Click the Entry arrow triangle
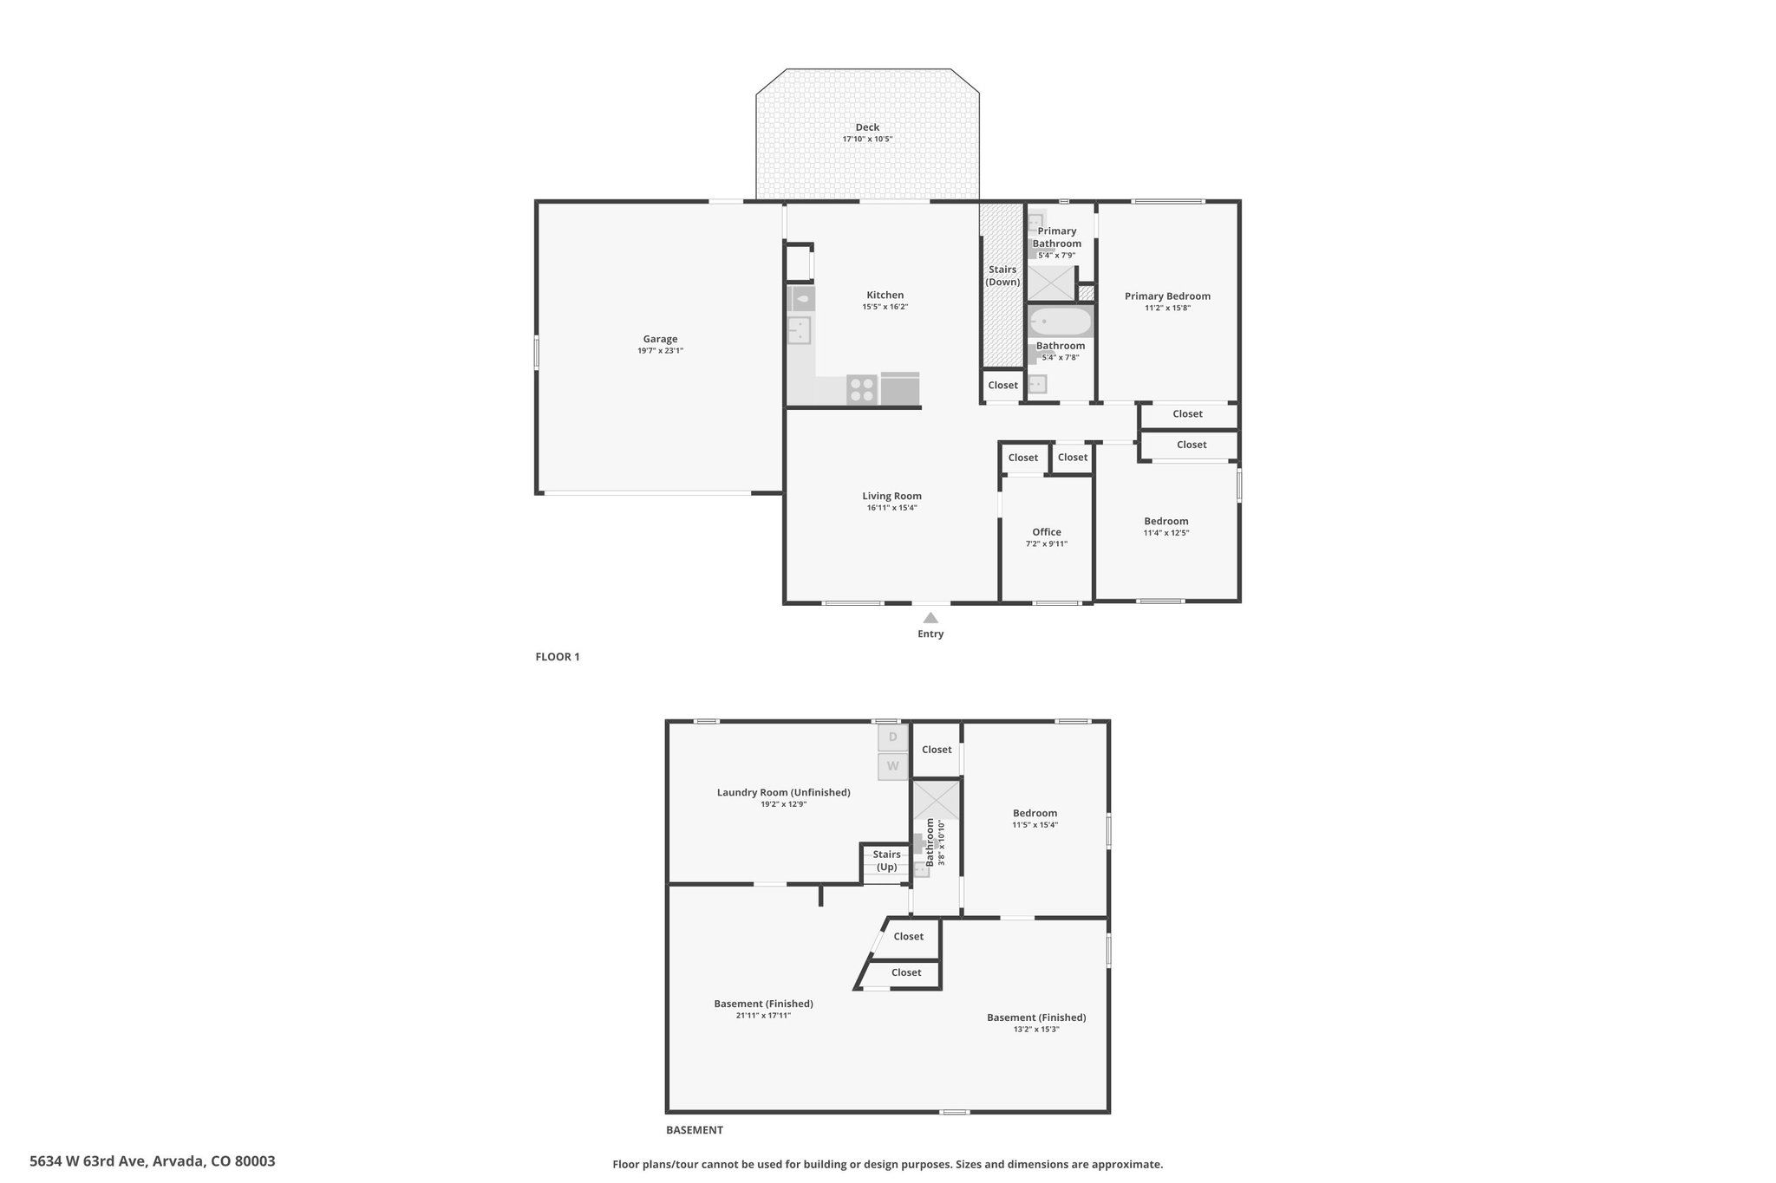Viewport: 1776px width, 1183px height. [x=930, y=618]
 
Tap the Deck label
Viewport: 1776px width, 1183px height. [x=867, y=127]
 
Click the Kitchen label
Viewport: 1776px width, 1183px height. [x=885, y=296]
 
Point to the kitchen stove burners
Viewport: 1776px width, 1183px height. [x=862, y=389]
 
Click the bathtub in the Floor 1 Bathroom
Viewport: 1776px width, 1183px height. [x=1060, y=322]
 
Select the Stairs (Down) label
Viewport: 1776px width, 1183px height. [x=1002, y=276]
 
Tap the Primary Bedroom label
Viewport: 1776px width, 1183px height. [x=1167, y=296]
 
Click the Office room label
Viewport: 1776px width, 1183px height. [x=1047, y=532]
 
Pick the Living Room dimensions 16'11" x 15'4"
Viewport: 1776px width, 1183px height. [x=891, y=508]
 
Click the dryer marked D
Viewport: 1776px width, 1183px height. [x=892, y=738]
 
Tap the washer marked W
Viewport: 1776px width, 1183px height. [x=892, y=766]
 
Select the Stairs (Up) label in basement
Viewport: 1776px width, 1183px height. [x=886, y=861]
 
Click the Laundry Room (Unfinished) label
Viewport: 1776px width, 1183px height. [x=783, y=792]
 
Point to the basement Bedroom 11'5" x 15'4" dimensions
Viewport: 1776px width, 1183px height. [x=1035, y=825]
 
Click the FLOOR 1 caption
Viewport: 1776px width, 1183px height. [x=558, y=657]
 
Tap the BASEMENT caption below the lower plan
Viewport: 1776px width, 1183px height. [x=695, y=1130]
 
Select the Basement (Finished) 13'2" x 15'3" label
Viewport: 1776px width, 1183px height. [x=1036, y=1023]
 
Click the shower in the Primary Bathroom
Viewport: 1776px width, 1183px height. [x=1051, y=284]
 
